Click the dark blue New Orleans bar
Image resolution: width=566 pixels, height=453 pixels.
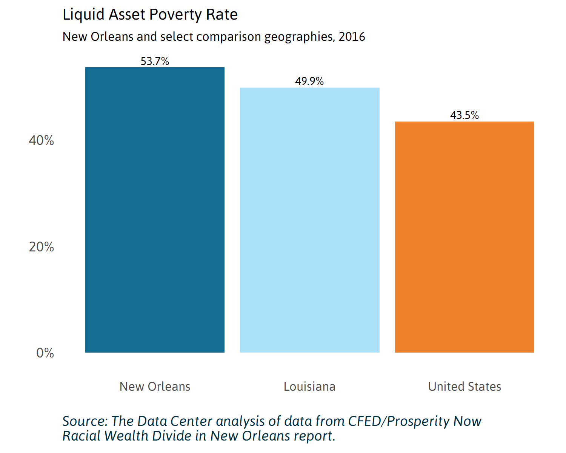click(x=155, y=210)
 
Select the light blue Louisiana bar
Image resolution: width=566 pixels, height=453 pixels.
click(x=309, y=220)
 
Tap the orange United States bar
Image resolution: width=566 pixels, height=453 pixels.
click(x=464, y=237)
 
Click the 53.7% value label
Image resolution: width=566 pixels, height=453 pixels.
click(x=155, y=61)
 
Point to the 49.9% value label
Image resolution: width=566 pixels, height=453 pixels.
click(x=309, y=81)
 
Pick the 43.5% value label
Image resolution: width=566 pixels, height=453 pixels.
click(x=464, y=115)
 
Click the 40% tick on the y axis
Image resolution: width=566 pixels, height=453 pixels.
click(x=42, y=140)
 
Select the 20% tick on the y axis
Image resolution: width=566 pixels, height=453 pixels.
click(x=42, y=247)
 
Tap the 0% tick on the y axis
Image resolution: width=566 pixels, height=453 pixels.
click(x=45, y=353)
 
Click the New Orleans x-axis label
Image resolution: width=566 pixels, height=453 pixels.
click(x=155, y=387)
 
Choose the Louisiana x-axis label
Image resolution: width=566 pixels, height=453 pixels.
click(x=309, y=387)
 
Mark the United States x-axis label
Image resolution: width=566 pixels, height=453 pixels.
click(x=464, y=387)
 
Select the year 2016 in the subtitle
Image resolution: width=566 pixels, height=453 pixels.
click(x=352, y=37)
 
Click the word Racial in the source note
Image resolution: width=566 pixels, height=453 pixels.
click(x=82, y=436)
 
